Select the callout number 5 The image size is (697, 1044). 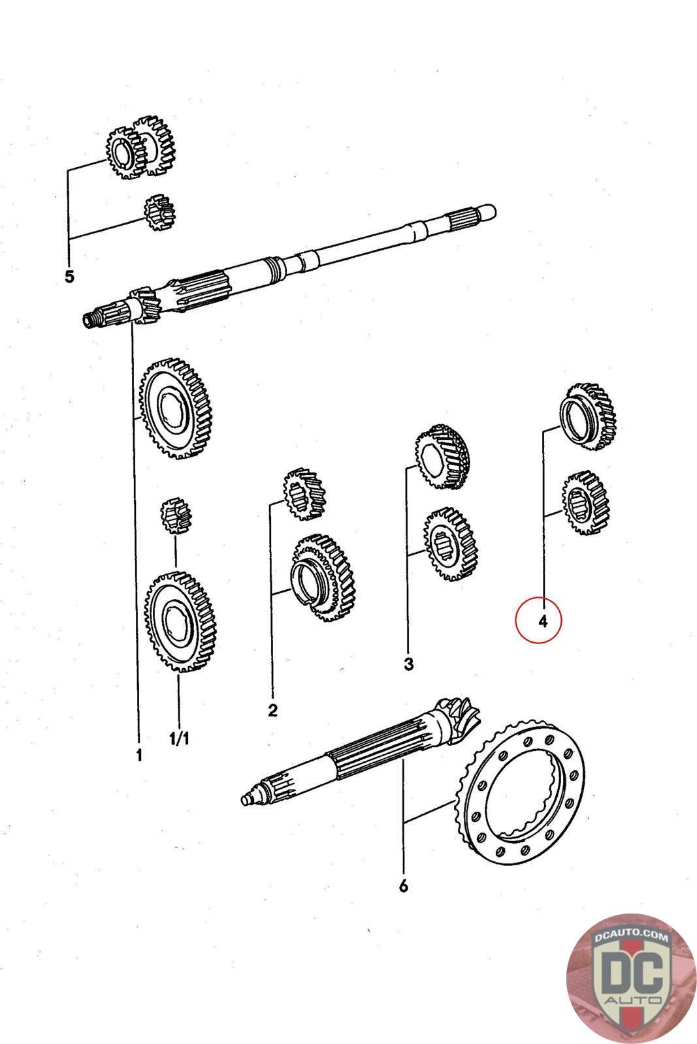point(69,276)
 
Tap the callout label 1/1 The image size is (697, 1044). point(179,739)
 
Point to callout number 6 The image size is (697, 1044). point(403,885)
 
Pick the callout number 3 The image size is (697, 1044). point(408,664)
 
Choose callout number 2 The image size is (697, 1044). point(272,710)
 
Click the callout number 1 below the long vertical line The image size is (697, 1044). point(138,755)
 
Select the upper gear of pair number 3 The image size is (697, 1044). point(444,457)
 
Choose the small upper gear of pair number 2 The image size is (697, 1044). point(304,494)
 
